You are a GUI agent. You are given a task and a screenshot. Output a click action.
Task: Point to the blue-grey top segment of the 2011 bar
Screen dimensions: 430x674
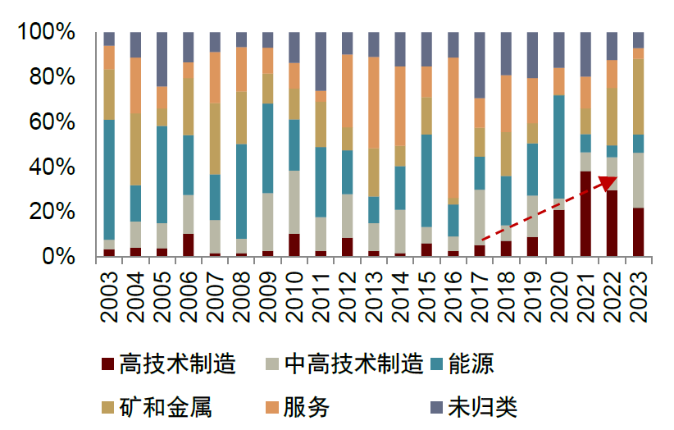321,62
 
